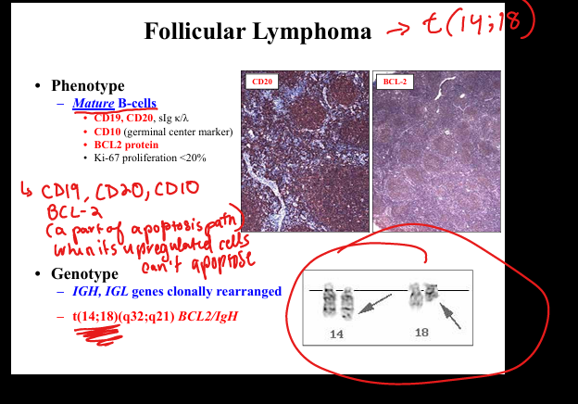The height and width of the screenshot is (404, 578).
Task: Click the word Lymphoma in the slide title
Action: coord(312,32)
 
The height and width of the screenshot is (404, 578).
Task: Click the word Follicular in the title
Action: coord(195,31)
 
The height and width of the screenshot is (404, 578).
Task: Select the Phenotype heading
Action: coord(88,85)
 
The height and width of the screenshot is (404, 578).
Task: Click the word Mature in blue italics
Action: coord(94,103)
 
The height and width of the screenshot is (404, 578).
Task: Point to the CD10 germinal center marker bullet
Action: coord(163,132)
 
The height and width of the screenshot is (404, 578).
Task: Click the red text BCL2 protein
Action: coord(126,145)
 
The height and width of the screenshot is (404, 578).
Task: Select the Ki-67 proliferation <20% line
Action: coord(150,158)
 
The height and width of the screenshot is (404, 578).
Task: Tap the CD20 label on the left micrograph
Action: coord(262,82)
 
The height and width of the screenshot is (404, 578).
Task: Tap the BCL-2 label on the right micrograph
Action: coord(395,82)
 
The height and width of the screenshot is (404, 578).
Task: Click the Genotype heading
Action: coord(84,274)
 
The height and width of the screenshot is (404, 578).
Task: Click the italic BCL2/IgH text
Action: coord(207,316)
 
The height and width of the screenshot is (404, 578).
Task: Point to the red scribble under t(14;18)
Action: coord(98,335)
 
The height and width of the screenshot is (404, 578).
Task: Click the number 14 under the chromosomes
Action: coord(336,335)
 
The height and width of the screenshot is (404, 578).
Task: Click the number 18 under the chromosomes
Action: coord(421,333)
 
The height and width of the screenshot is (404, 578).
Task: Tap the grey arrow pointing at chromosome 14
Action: coord(375,304)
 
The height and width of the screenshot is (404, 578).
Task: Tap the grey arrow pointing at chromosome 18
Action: coord(450,315)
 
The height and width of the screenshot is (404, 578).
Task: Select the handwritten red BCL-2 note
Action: coord(74,211)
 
